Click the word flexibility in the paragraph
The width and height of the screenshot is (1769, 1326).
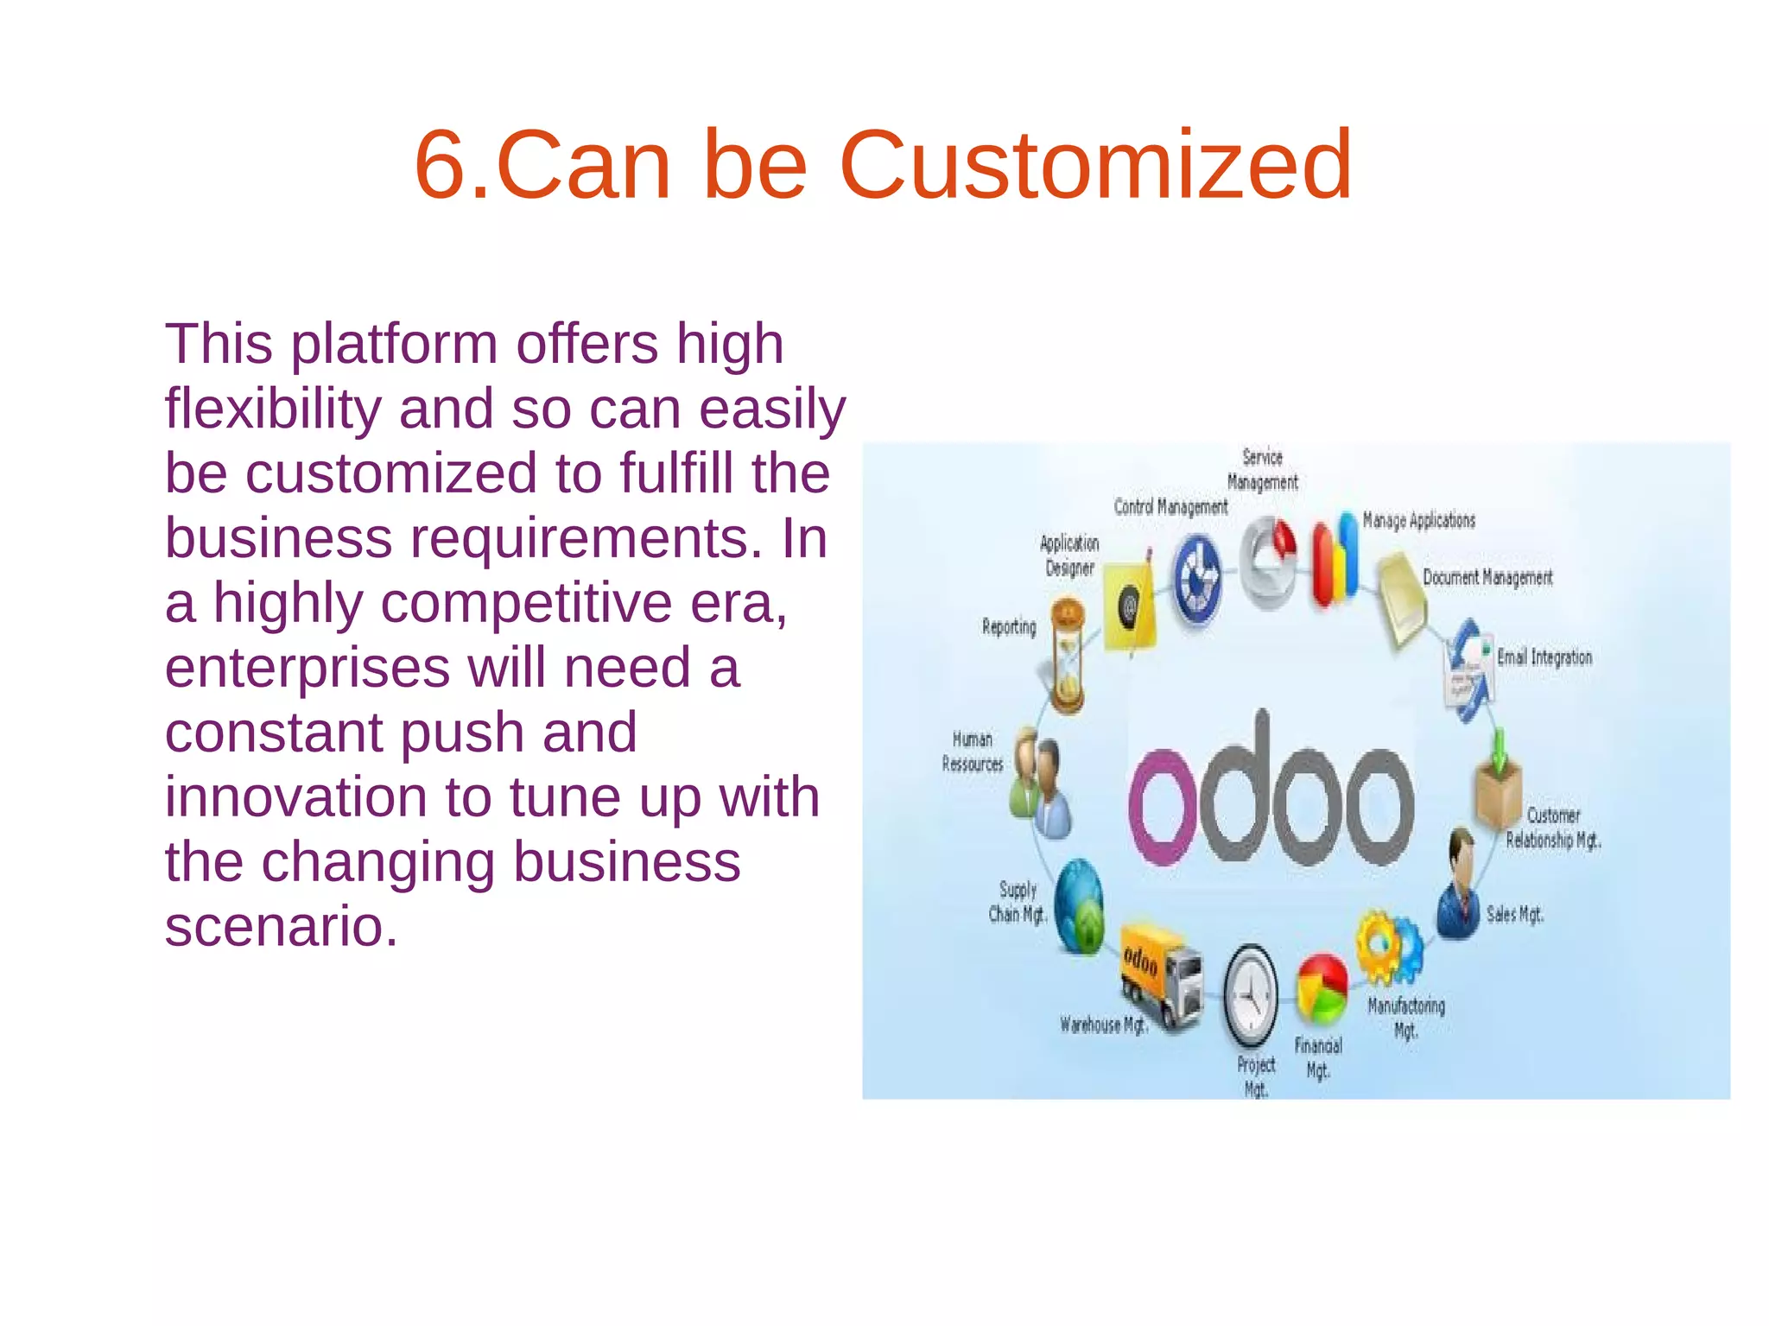273,409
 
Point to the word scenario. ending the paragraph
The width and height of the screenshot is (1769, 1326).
282,926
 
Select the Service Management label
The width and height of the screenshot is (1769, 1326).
1262,469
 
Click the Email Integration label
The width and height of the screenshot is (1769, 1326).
1544,657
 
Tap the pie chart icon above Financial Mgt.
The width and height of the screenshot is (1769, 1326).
1322,988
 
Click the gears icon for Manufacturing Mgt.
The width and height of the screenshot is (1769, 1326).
1388,948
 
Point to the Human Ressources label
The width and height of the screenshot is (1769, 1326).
973,752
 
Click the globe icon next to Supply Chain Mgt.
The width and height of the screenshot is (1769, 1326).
1079,906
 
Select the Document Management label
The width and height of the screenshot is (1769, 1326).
1487,577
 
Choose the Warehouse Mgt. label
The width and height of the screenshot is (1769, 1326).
1103,1025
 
